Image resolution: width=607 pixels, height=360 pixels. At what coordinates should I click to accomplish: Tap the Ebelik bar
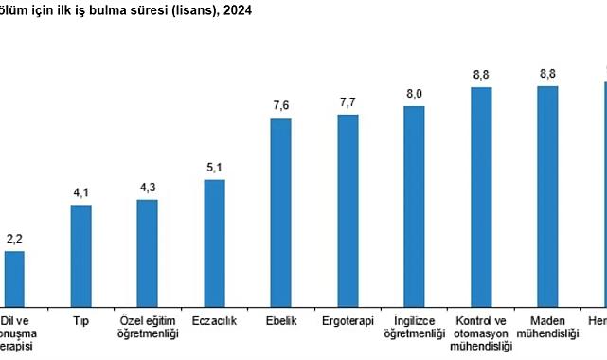[x=281, y=212]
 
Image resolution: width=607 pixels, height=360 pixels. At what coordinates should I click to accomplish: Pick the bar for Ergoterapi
[x=348, y=211]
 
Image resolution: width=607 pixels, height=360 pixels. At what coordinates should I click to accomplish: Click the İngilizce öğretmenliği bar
[x=414, y=207]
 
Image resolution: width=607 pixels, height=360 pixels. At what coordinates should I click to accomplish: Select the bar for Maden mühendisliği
[x=547, y=197]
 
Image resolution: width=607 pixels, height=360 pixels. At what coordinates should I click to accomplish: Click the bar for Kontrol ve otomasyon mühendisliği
[x=481, y=197]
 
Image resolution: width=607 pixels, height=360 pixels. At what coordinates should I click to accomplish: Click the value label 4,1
[x=81, y=192]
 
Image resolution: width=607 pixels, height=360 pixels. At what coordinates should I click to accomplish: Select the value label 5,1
[x=215, y=168]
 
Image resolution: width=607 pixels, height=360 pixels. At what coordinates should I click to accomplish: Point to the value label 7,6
[x=281, y=107]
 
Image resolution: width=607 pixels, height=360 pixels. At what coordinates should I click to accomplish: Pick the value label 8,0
[x=414, y=94]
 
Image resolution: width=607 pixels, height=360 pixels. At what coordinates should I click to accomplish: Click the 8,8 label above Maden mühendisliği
[x=547, y=74]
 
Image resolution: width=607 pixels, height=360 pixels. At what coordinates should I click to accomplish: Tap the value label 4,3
[x=148, y=188]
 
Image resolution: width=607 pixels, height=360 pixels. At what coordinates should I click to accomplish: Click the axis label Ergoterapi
[x=348, y=321]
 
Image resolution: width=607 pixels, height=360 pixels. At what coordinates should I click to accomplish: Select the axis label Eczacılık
[x=215, y=321]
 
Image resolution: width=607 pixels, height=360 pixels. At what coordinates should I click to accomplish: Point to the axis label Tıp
[x=81, y=321]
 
